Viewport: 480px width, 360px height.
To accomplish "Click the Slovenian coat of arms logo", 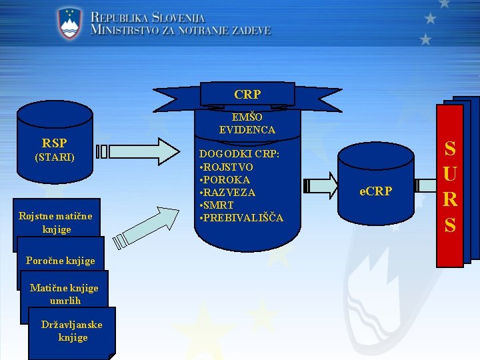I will click(69, 24).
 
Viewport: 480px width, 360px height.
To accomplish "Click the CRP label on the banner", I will click(247, 95).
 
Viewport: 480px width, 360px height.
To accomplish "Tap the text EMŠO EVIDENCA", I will click(247, 124).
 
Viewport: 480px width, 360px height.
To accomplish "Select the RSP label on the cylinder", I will click(54, 143).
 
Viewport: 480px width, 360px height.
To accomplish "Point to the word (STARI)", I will click(54, 158).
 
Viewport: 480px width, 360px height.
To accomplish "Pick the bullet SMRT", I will click(219, 205).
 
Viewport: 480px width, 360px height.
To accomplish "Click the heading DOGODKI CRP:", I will click(239, 154).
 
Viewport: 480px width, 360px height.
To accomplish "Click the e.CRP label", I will click(376, 191).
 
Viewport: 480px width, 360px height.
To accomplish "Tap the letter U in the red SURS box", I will click(450, 174).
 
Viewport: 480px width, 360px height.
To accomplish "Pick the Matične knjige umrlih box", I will click(64, 294).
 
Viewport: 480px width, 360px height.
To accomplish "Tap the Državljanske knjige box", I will click(72, 331).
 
